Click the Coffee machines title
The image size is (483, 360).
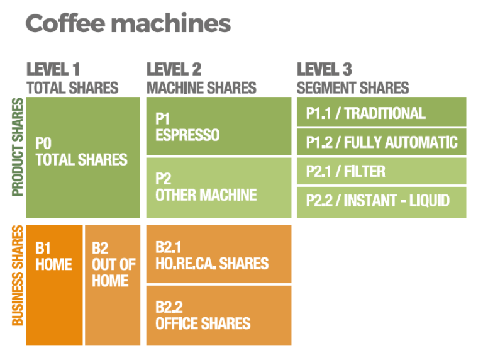(x=128, y=23)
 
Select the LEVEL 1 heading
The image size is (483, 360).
(x=53, y=69)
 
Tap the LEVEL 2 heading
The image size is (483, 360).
(x=174, y=69)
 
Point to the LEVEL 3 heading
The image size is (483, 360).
(x=325, y=69)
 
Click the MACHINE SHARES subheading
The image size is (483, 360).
(x=201, y=88)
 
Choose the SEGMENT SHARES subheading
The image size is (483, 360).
(x=353, y=88)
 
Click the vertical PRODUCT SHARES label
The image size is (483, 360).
(x=18, y=147)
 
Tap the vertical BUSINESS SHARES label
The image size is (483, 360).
(x=18, y=276)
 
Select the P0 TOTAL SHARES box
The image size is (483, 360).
(x=83, y=157)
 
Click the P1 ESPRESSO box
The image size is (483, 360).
(x=219, y=126)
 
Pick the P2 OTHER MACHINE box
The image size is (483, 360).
(x=219, y=188)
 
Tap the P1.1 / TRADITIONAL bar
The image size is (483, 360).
(x=381, y=111)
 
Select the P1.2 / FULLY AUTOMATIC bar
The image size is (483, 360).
(x=381, y=142)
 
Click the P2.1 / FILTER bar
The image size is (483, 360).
(x=381, y=171)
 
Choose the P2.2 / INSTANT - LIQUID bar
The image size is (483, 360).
(x=381, y=202)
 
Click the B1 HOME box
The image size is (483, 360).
(x=54, y=285)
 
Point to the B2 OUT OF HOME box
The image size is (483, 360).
(x=113, y=285)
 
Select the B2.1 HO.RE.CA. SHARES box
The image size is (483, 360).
(x=219, y=254)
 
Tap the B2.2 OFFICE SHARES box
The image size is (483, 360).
(x=219, y=315)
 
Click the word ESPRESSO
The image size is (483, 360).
(x=187, y=135)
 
